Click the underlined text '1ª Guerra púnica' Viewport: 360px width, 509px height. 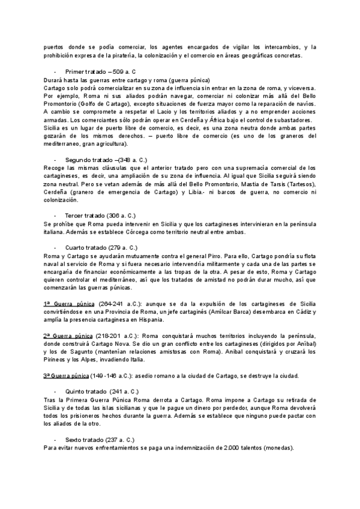coord(68,304)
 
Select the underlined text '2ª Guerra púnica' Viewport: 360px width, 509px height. coord(68,336)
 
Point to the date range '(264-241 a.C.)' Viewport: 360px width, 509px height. coord(118,304)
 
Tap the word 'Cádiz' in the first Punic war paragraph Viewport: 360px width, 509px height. coord(305,312)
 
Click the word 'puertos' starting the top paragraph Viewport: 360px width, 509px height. coord(55,47)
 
